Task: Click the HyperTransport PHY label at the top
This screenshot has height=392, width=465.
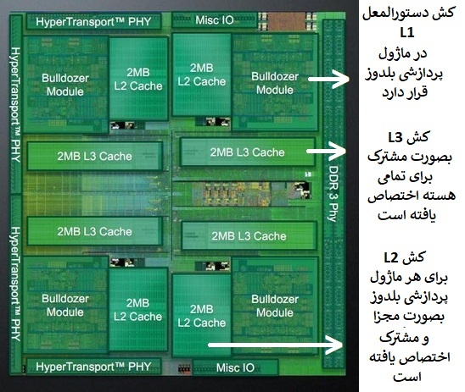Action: (93, 22)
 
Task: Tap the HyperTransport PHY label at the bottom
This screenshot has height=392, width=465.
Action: (93, 367)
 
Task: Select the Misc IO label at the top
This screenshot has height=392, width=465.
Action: (215, 20)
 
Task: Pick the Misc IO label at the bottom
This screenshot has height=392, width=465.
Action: (235, 367)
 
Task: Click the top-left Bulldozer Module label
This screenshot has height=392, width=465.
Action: (65, 85)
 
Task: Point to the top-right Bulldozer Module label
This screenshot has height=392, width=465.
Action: (275, 83)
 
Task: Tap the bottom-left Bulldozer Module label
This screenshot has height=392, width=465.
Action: (65, 306)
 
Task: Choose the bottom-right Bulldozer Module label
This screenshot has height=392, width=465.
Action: (275, 306)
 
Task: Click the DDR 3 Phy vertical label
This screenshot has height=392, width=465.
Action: (333, 194)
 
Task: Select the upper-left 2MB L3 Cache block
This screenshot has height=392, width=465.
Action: (94, 156)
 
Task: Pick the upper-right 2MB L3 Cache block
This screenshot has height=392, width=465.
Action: (248, 152)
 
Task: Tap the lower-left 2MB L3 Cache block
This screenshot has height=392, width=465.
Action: (94, 231)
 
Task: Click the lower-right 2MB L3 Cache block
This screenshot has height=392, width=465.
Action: (249, 235)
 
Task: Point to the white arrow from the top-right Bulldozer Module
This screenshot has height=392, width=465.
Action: (328, 79)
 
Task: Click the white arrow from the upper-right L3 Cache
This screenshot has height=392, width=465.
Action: (326, 151)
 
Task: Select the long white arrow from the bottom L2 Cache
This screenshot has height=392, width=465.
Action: (275, 345)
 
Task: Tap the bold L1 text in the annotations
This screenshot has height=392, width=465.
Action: (407, 33)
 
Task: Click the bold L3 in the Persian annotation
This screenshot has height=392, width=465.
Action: (395, 138)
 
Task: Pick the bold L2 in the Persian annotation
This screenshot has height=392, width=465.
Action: (391, 258)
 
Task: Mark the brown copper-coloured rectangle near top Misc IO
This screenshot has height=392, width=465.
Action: (286, 22)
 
